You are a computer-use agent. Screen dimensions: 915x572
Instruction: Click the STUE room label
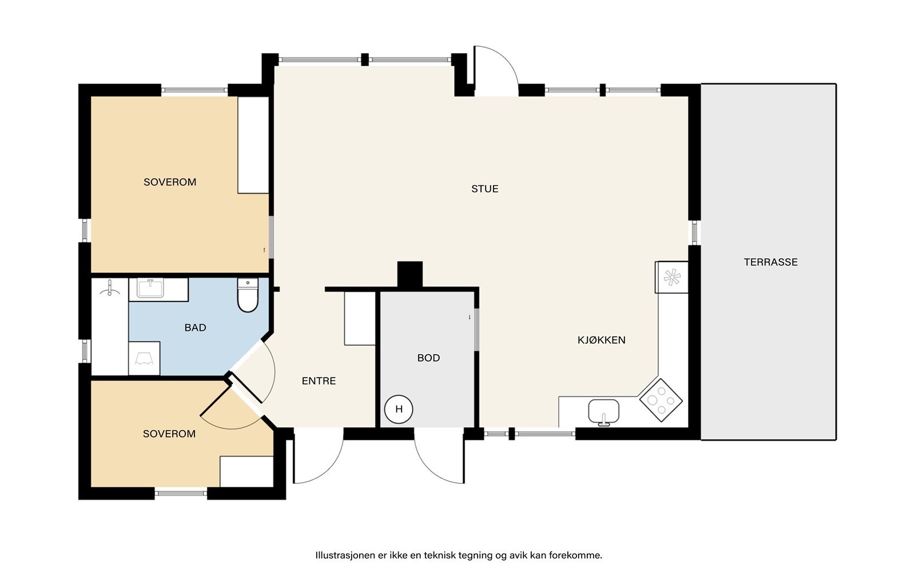(x=484, y=189)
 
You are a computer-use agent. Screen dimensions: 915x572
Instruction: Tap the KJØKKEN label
(x=601, y=340)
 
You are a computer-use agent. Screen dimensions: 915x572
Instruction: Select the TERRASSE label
(x=770, y=262)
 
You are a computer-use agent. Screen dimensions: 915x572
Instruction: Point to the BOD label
(x=428, y=358)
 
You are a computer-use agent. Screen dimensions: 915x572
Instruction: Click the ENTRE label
(x=319, y=381)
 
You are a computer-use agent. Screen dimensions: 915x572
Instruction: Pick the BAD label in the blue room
(x=195, y=327)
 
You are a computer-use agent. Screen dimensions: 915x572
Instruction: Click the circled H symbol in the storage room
(x=399, y=409)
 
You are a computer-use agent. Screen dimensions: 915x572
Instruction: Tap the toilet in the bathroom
(x=248, y=295)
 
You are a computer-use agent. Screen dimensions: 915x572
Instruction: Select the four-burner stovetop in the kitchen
(x=661, y=400)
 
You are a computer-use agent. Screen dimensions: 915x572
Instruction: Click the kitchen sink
(x=603, y=412)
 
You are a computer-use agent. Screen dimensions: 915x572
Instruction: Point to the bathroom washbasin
(x=150, y=288)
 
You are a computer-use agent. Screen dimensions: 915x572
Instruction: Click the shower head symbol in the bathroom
(x=109, y=288)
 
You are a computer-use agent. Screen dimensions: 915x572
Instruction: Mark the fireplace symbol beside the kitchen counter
(x=672, y=277)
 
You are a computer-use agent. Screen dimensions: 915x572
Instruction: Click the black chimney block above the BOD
(x=409, y=275)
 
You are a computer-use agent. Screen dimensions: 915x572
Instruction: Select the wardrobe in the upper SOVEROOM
(x=253, y=145)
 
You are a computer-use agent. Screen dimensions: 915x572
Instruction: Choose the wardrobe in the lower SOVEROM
(x=246, y=471)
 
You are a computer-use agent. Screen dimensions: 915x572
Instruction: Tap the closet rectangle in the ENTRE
(x=360, y=318)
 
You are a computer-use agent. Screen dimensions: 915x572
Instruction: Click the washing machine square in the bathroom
(x=144, y=358)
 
